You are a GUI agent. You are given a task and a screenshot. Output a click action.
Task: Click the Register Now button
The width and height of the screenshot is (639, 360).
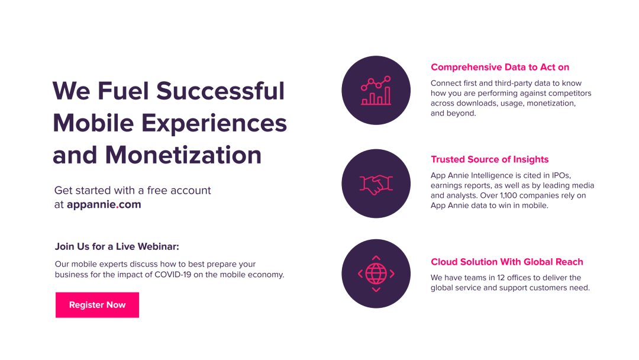click(97, 305)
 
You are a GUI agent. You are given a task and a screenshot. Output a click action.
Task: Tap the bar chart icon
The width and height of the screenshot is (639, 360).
click(376, 91)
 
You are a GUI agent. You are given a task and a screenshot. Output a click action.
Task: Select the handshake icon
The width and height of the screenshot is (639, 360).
click(376, 184)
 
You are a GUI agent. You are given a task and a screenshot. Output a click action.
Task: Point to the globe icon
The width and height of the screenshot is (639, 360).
click(376, 274)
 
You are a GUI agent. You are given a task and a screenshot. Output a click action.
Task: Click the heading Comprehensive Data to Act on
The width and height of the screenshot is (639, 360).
click(499, 67)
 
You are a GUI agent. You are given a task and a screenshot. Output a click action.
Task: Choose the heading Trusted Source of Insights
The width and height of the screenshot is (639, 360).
click(489, 159)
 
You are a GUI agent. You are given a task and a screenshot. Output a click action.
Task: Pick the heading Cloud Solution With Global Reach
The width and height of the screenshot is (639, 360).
click(506, 262)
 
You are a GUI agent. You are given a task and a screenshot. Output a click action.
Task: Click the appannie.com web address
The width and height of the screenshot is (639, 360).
click(104, 205)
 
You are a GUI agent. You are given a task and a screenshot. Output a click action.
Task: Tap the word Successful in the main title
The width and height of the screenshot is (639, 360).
click(221, 91)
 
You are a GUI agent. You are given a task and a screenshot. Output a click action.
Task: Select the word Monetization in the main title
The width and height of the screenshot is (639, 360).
click(183, 155)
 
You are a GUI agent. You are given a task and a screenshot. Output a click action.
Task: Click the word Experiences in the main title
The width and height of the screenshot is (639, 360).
click(214, 124)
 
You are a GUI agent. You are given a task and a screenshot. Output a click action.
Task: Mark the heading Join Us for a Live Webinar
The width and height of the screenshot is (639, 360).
click(117, 247)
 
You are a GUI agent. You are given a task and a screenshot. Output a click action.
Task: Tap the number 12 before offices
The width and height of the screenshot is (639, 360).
click(501, 278)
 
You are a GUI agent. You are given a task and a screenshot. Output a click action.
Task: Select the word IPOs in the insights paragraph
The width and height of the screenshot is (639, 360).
click(561, 176)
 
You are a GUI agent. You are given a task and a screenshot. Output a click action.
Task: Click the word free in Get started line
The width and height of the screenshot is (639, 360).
click(157, 191)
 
